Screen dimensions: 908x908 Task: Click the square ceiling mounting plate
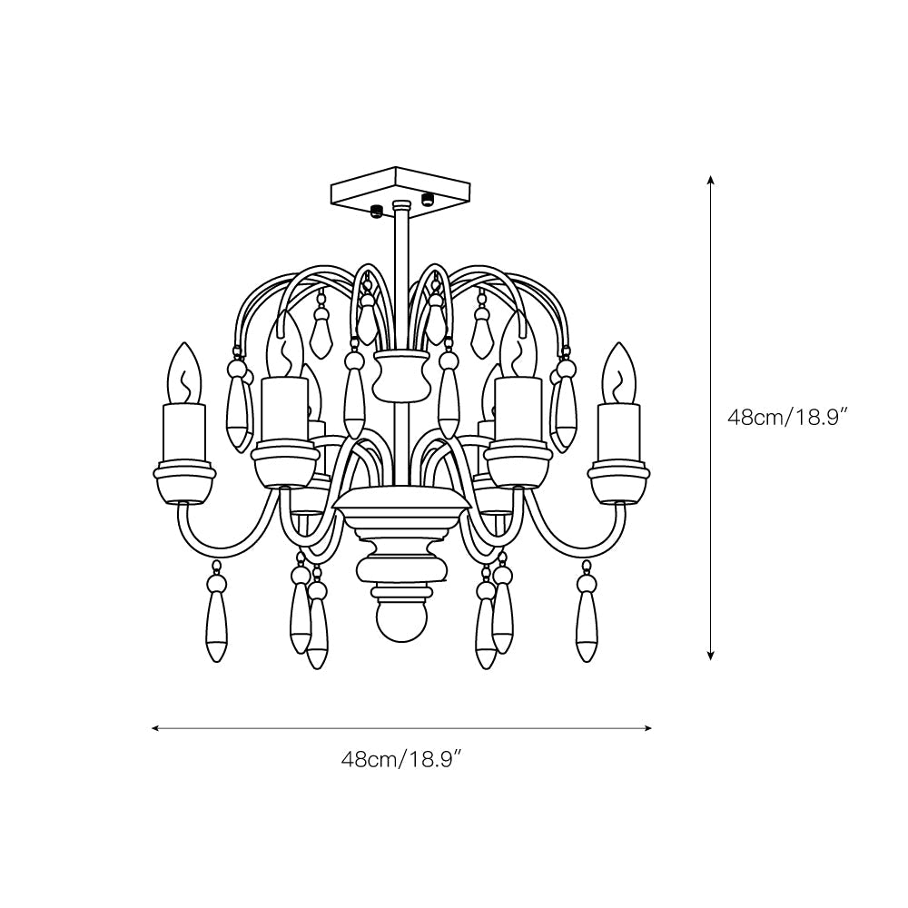click(400, 188)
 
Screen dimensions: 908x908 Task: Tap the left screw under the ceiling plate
click(377, 212)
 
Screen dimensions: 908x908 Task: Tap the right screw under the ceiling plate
click(428, 199)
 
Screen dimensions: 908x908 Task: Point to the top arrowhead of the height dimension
click(711, 179)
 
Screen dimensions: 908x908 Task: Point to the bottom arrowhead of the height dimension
click(711, 656)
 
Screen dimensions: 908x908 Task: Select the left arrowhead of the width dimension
click(156, 728)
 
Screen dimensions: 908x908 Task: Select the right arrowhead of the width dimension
click(647, 728)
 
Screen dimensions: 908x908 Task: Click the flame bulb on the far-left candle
click(184, 373)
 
